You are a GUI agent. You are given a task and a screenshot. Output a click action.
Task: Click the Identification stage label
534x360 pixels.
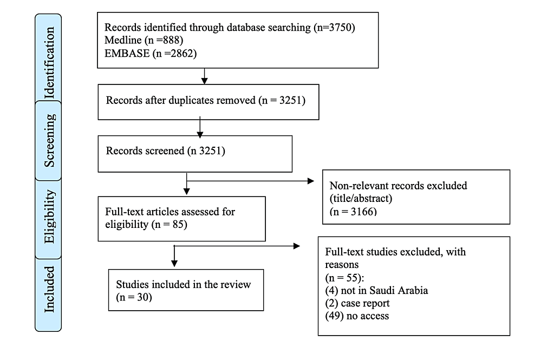49,63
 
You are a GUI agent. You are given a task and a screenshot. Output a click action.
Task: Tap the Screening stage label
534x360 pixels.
49,140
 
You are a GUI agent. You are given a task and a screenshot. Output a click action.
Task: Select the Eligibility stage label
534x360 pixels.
49,217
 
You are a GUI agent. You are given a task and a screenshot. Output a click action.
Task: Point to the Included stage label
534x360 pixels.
49,289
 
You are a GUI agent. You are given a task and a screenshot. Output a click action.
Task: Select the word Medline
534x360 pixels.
123,40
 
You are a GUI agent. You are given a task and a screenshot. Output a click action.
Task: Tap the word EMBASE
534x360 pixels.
127,54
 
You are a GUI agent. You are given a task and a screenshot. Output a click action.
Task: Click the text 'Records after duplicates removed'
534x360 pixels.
180,100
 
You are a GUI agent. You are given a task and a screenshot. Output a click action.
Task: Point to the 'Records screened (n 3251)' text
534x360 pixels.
166,150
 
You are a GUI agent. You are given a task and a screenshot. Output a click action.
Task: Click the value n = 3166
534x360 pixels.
353,212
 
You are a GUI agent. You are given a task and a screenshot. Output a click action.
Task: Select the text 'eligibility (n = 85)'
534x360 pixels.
146,225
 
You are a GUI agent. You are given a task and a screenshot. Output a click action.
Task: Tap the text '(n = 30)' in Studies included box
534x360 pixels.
134,297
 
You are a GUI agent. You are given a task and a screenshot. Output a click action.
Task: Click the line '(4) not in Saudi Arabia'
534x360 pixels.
376,291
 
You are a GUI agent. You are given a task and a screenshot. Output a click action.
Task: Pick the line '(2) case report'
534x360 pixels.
357,303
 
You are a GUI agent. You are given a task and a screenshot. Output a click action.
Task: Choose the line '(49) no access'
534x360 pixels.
357,316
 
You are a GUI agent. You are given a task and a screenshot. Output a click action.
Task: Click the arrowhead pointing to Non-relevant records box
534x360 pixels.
310,181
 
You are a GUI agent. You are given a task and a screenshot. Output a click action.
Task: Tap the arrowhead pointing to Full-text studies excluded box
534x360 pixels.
297,246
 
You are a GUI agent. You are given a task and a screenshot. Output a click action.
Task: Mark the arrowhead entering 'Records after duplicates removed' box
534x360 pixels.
204,80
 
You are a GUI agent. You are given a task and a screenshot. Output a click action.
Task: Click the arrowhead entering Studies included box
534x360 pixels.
174,263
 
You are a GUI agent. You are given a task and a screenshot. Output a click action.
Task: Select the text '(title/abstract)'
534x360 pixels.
361,198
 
